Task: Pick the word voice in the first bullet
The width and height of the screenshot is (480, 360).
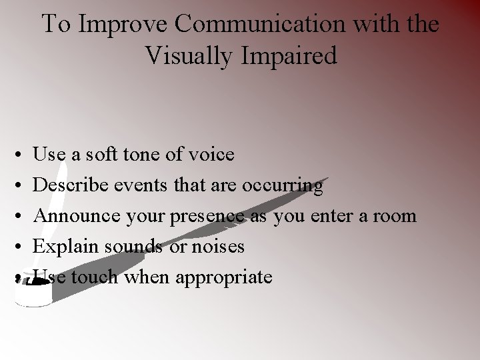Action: pyautogui.click(x=211, y=155)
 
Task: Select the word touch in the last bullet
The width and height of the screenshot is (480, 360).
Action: pyautogui.click(x=93, y=277)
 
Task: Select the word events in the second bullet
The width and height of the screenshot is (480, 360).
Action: pyautogui.click(x=151, y=185)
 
